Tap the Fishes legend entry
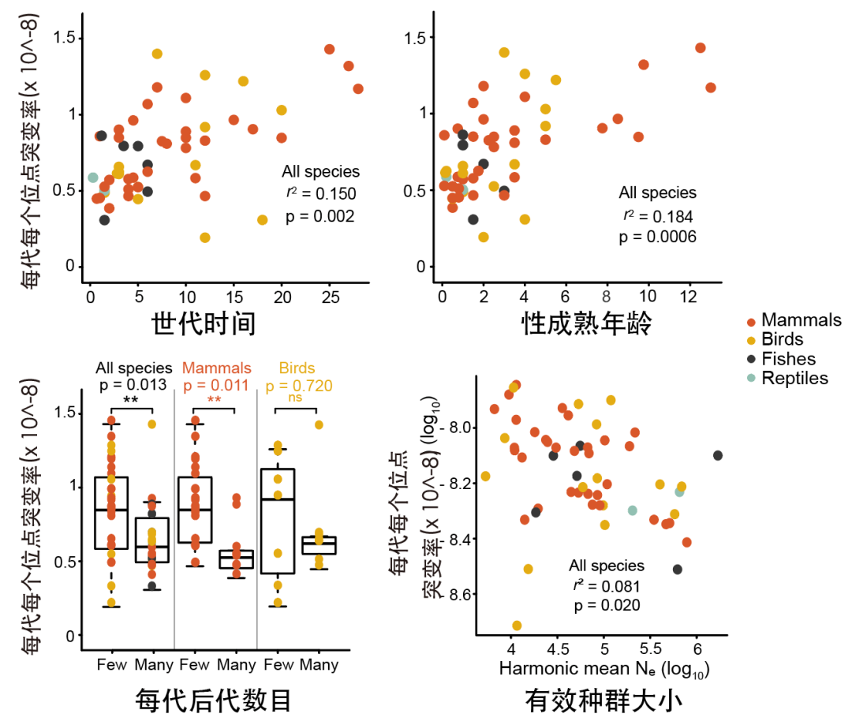pos(789,359)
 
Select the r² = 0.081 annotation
pos(606,586)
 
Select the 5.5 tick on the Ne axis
pos(652,648)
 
